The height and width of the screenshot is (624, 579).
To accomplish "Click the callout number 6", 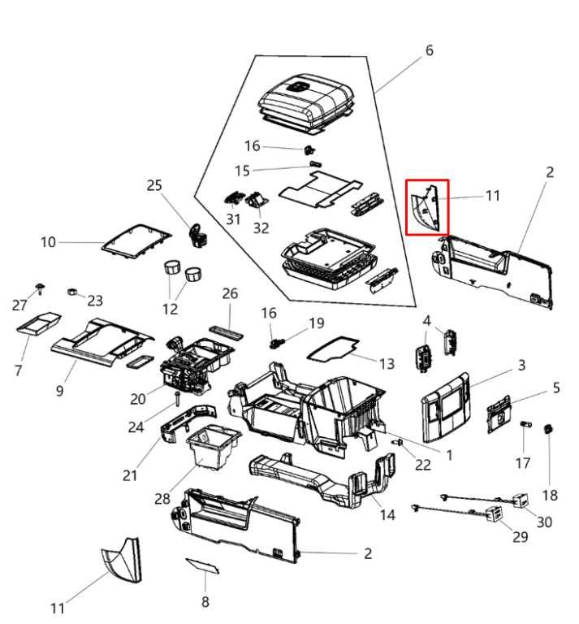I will click(429, 50).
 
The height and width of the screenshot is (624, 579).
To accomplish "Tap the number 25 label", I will click(154, 186).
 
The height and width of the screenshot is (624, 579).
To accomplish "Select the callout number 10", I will click(49, 242).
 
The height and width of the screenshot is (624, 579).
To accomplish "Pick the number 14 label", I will click(388, 514).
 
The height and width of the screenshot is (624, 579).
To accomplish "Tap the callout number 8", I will click(205, 601).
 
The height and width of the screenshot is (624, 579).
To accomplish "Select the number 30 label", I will click(544, 522).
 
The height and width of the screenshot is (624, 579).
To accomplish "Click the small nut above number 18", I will click(549, 428).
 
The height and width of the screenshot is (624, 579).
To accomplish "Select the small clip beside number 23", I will click(71, 290).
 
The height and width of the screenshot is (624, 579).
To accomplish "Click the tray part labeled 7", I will click(41, 324).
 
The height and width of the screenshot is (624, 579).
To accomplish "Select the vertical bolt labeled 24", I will click(175, 397).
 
